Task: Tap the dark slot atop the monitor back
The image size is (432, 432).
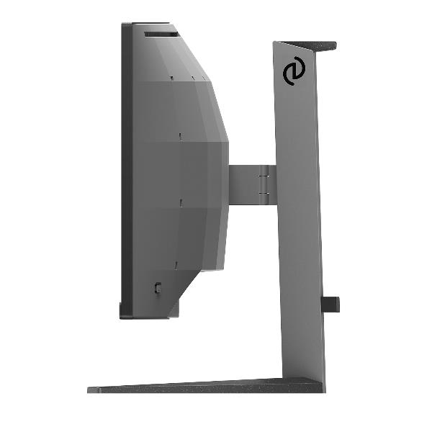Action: click(x=160, y=33)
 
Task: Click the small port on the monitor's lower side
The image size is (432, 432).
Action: click(x=158, y=287)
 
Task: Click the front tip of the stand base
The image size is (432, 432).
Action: click(x=92, y=390)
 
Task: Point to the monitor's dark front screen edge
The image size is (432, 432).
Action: click(x=125, y=173)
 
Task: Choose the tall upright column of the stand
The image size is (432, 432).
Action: click(x=299, y=216)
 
